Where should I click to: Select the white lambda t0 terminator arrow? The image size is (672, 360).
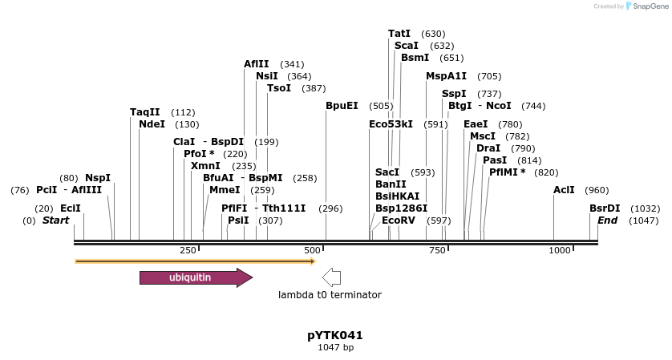click(x=330, y=277)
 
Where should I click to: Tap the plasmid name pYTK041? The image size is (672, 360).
click(x=335, y=335)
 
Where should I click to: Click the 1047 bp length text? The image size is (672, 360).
click(x=335, y=347)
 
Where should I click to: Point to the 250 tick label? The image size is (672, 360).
click(x=188, y=251)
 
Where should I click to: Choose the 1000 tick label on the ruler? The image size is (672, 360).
click(x=559, y=251)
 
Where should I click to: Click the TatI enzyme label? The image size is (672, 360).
click(x=399, y=34)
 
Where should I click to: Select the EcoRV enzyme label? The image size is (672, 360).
click(x=399, y=220)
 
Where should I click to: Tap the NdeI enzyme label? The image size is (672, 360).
click(x=152, y=124)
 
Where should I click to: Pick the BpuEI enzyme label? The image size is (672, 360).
click(x=342, y=106)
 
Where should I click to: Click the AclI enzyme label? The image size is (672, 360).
click(x=564, y=190)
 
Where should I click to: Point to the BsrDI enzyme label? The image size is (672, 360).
click(x=605, y=208)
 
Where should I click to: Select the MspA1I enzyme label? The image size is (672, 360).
click(x=446, y=76)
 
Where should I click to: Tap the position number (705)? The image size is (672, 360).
click(x=489, y=76)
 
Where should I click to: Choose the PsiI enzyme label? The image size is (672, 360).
click(x=238, y=220)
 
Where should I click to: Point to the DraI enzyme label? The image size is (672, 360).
click(x=488, y=148)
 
